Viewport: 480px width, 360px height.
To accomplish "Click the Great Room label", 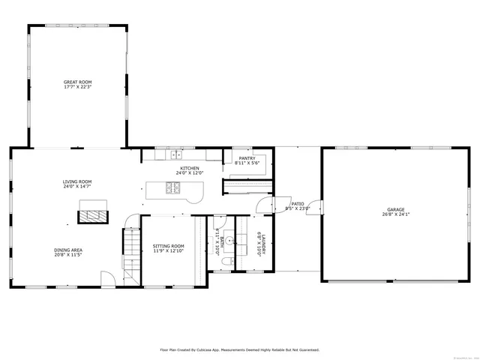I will (x=78, y=82).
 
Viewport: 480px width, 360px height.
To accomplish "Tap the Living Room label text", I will (x=76, y=181).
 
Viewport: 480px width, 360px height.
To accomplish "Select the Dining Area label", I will (x=68, y=250).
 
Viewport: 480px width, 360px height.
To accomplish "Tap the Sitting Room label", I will (x=168, y=246).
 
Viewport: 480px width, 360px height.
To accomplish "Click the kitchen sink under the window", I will (x=175, y=155).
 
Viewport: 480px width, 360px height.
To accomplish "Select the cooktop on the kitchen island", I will (x=173, y=188).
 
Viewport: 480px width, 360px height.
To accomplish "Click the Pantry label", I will (x=247, y=158).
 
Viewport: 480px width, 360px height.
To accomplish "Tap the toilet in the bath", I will (x=228, y=261).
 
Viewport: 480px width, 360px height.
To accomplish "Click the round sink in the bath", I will (x=229, y=241).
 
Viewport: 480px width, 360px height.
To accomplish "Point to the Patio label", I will (x=298, y=203).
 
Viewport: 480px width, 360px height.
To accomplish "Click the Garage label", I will (x=395, y=209).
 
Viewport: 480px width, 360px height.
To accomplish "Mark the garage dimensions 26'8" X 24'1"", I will (x=395, y=214).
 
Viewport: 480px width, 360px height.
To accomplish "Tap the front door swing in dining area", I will (x=108, y=279).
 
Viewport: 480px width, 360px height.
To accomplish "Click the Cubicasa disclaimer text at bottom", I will (x=239, y=349).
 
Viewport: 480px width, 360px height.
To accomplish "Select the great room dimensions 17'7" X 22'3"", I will (x=78, y=86).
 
